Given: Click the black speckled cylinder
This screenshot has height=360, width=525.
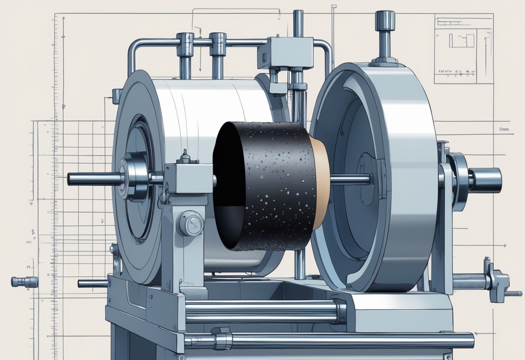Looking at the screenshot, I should [x=268, y=186].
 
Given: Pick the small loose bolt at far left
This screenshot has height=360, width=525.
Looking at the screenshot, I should [x=24, y=282].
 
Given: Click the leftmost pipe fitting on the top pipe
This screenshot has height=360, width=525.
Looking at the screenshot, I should [x=185, y=43].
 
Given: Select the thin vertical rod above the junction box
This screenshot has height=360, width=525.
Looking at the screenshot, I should [x=298, y=24].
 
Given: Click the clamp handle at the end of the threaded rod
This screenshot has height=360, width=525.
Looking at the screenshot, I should [x=498, y=281].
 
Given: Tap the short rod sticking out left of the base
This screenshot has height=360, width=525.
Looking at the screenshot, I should [x=93, y=284].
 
